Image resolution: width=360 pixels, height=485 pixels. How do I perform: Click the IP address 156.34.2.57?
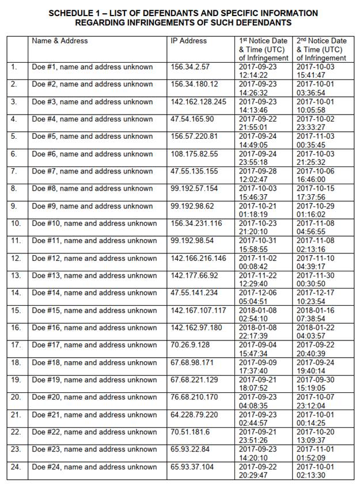point(190,67)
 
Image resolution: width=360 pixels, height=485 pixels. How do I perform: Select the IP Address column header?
point(188,41)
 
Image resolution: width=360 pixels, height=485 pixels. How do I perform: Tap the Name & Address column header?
point(60,41)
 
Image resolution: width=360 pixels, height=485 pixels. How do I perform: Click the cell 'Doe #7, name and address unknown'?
point(92,172)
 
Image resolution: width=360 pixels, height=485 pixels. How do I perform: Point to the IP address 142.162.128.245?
point(199,102)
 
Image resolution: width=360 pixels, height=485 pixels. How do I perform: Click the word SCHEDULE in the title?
point(74,13)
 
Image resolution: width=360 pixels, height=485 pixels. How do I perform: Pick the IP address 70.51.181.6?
point(190,432)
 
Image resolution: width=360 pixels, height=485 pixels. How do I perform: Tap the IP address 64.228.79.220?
point(194,415)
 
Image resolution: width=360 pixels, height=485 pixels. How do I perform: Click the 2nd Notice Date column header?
point(321,49)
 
